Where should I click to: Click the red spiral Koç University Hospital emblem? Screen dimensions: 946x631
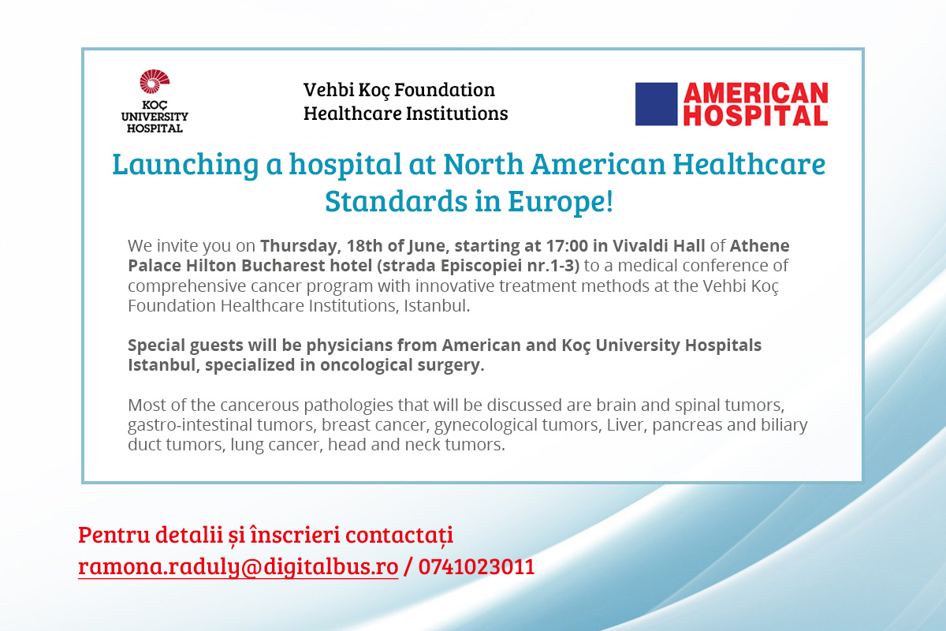(155, 81)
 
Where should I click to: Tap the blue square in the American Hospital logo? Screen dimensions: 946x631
(656, 104)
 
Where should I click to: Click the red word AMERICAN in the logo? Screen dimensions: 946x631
(755, 93)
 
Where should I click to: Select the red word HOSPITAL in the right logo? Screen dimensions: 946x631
(755, 115)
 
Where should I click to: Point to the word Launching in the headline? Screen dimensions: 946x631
(185, 164)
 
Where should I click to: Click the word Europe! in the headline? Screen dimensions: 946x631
(561, 201)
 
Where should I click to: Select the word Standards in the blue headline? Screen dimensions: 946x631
(396, 201)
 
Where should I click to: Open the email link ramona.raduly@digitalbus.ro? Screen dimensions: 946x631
(238, 567)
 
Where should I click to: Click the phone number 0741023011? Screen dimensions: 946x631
(476, 567)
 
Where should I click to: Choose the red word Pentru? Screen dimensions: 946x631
(114, 535)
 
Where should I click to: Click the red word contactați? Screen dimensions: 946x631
(399, 535)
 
